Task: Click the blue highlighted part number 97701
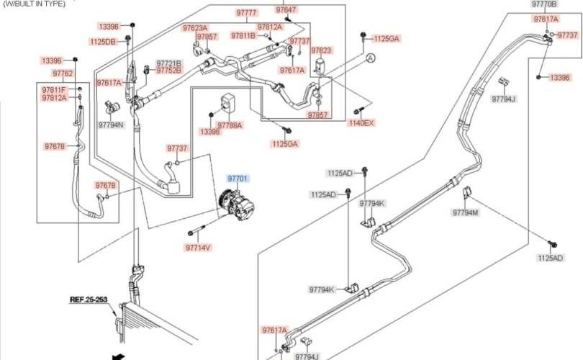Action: click(x=238, y=177)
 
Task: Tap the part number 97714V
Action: click(x=197, y=248)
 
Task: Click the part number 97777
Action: click(x=246, y=14)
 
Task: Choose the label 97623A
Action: click(x=195, y=27)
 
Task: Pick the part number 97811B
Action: click(x=243, y=35)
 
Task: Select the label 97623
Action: click(x=321, y=50)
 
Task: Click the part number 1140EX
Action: click(x=362, y=123)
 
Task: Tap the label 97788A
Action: click(x=230, y=125)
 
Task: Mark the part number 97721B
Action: click(x=169, y=63)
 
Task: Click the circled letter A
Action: click(x=370, y=57)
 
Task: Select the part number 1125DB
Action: click(x=102, y=42)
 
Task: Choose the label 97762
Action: click(x=63, y=73)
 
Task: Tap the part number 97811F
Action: click(x=54, y=89)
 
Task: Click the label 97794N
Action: click(x=111, y=125)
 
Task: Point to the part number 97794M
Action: click(x=466, y=212)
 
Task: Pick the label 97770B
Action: click(x=544, y=4)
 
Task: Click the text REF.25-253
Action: click(x=87, y=298)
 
